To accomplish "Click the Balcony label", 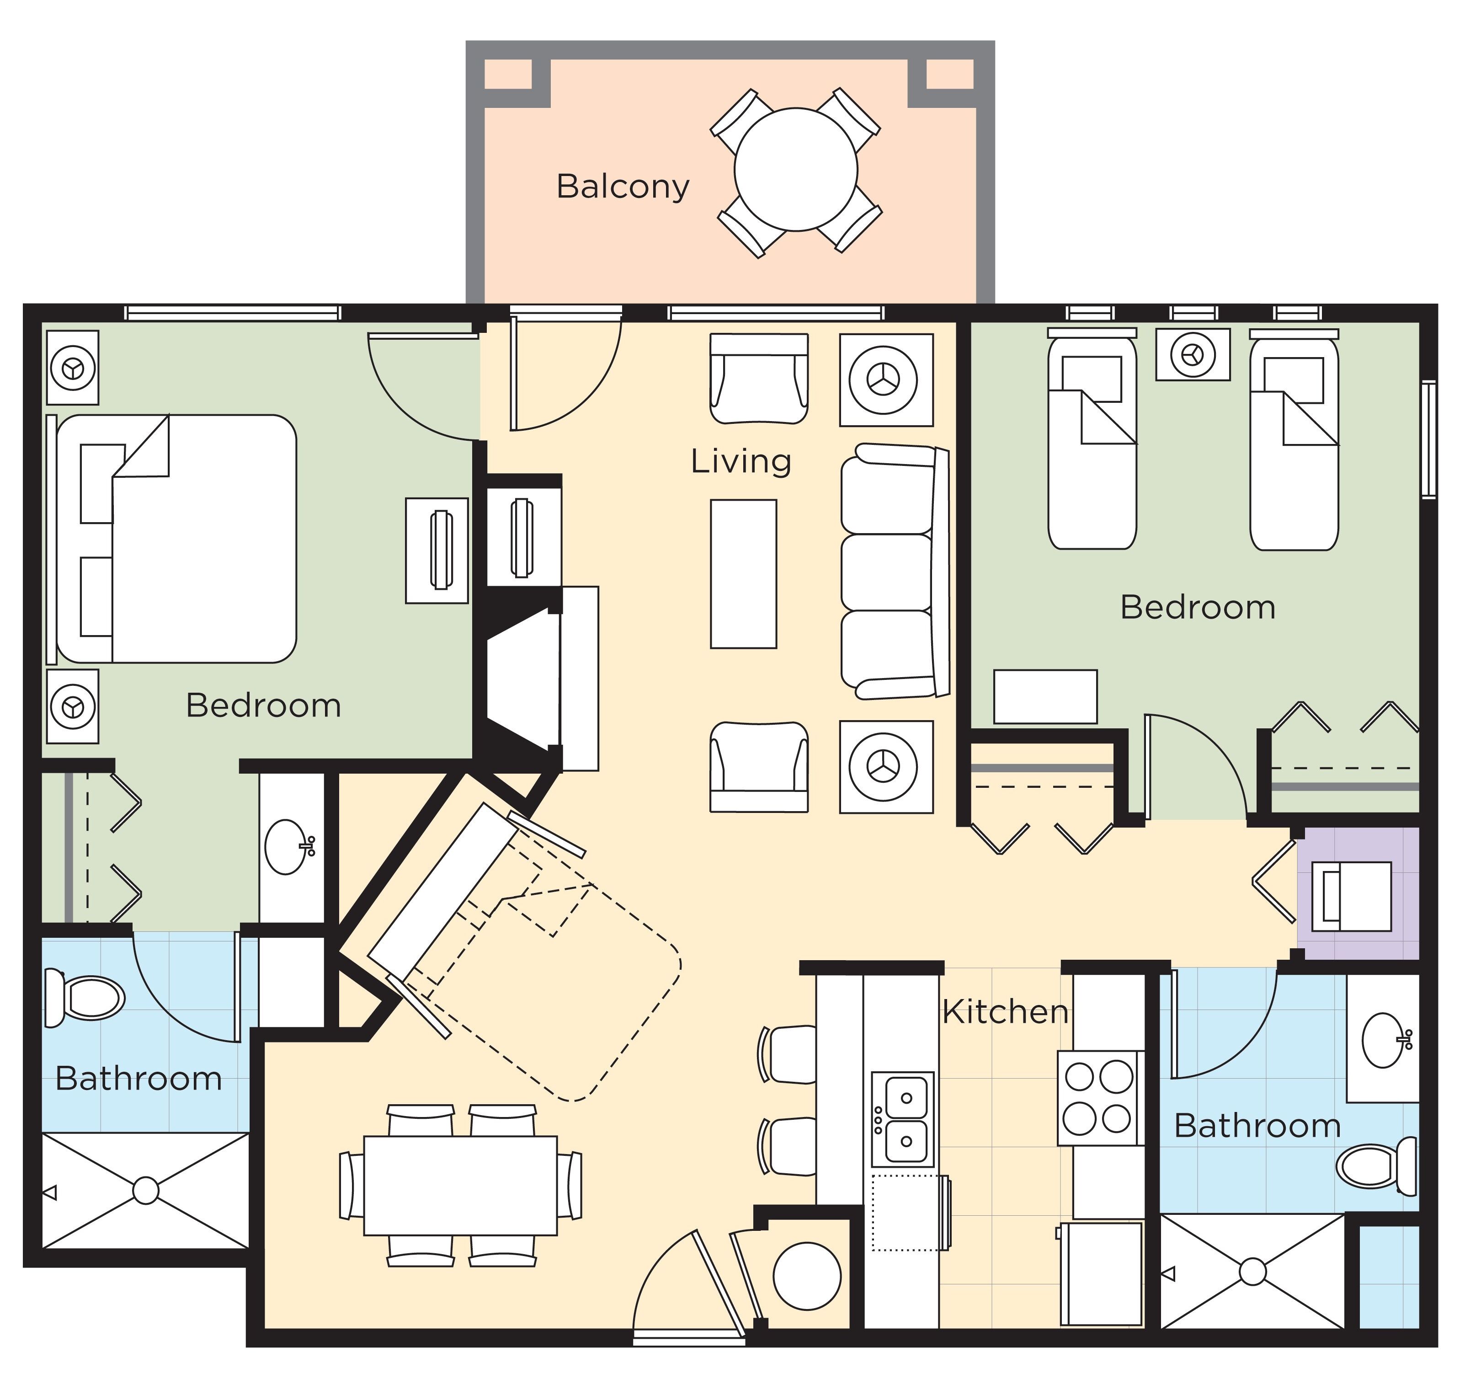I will pos(623,187).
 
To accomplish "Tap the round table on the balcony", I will pos(796,170).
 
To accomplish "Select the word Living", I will pos(740,461).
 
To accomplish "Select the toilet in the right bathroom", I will pos(1374,1166).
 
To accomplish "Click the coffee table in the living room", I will pos(743,574).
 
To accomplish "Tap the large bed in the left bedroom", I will pos(177,538).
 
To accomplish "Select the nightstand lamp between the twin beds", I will pos(1192,354).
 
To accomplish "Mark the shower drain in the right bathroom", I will pos(1253,1272).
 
